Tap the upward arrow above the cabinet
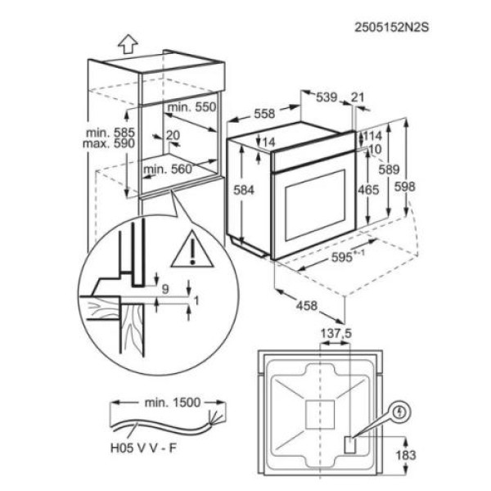point(127,42)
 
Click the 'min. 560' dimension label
point(167,169)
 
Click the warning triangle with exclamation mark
point(190,250)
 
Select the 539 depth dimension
point(326,98)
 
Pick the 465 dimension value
point(368,191)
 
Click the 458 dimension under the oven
point(304,305)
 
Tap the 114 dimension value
point(373,136)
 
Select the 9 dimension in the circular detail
point(165,288)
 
